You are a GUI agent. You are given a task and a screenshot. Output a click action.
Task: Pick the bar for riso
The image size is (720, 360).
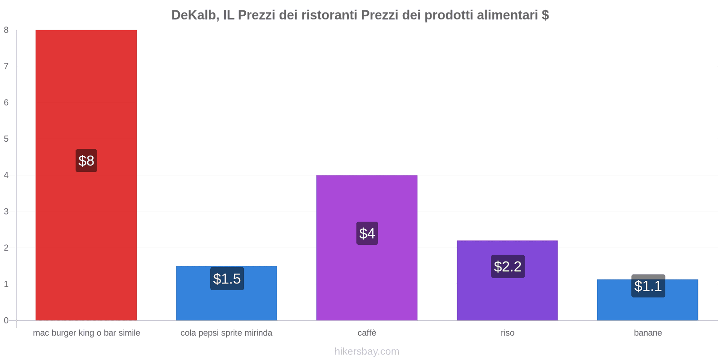(x=507, y=297)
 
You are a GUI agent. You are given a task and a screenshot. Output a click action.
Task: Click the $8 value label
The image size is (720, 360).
(x=86, y=161)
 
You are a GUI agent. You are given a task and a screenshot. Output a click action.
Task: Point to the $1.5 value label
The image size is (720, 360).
(x=227, y=279)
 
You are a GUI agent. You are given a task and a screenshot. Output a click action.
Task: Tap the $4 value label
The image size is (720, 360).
(x=367, y=234)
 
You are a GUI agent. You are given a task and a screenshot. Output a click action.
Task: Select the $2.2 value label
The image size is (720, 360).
(x=508, y=266)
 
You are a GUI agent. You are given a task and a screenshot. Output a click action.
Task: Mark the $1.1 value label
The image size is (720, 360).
(x=648, y=286)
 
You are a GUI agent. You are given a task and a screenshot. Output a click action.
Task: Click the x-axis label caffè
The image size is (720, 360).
(x=367, y=333)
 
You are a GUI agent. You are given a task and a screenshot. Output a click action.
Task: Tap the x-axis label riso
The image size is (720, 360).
(x=508, y=333)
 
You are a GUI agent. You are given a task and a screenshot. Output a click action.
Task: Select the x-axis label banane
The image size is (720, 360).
(x=648, y=333)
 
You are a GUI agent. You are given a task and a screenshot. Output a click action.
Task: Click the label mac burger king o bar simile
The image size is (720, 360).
(x=86, y=333)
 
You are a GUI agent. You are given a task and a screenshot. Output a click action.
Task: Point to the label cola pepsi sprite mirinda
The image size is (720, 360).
(x=226, y=333)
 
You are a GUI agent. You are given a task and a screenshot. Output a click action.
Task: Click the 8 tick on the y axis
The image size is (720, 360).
(x=6, y=30)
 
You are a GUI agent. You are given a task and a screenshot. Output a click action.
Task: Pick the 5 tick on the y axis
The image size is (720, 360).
(x=6, y=139)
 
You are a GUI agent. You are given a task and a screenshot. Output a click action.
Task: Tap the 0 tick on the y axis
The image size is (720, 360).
(x=6, y=320)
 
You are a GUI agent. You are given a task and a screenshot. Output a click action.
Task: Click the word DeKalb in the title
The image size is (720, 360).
(x=195, y=15)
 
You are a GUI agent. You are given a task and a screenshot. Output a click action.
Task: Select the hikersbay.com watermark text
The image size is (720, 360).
(x=367, y=351)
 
